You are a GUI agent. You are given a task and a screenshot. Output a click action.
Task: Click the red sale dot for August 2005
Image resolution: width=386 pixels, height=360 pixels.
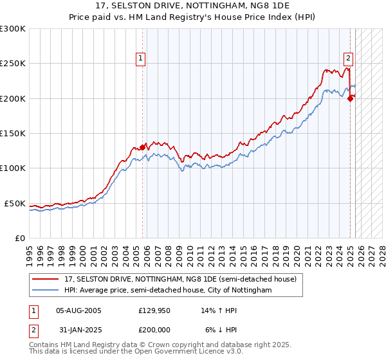[x=142, y=147]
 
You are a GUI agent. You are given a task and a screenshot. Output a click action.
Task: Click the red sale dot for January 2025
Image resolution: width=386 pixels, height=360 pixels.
[x=350, y=98]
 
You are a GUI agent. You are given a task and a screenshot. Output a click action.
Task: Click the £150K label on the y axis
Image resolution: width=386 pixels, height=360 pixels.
[x=13, y=133]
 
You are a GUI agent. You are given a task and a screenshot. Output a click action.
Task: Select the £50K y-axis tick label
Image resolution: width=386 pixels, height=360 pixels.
[x=15, y=203]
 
